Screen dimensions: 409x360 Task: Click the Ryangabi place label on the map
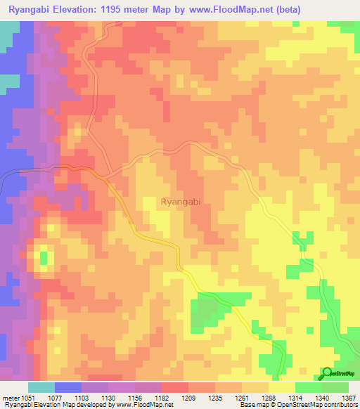pyautogui.click(x=181, y=202)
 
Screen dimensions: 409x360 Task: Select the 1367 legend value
pyautogui.click(x=347, y=397)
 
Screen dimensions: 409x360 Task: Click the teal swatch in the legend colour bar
pyautogui.click(x=41, y=387)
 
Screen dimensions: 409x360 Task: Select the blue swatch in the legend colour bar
pyautogui.click(x=68, y=387)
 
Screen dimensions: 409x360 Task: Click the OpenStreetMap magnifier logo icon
pyautogui.click(x=327, y=375)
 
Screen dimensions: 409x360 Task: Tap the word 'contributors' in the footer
pyautogui.click(x=340, y=405)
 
